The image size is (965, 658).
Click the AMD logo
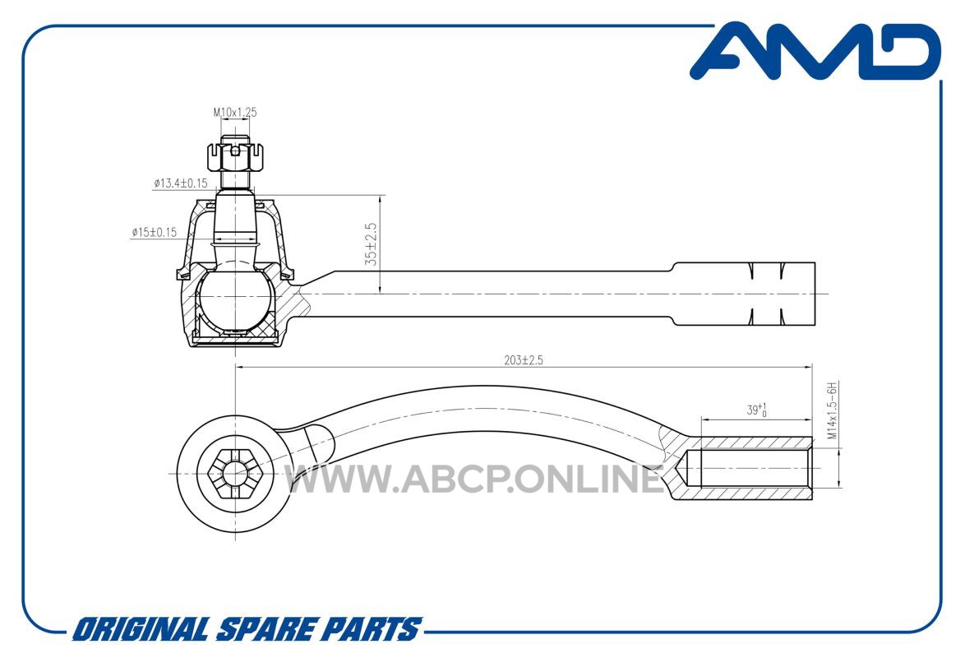pos(815,51)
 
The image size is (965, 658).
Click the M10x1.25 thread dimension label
pos(235,113)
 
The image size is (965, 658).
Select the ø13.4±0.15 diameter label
pos(180,183)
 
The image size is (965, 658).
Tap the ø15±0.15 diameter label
pos(154,232)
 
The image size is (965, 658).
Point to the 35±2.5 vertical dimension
pos(371,244)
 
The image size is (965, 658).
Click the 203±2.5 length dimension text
pos(524,359)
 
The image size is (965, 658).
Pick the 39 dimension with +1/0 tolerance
pos(756,410)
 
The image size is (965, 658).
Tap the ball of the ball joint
pos(236,298)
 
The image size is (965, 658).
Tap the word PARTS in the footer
pos(373,630)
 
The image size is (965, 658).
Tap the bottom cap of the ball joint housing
pos(235,338)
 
